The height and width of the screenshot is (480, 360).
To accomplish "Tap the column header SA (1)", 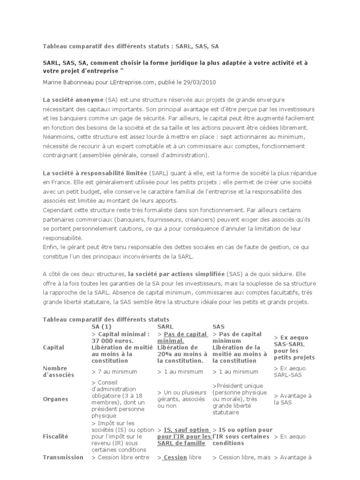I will tap(101, 326).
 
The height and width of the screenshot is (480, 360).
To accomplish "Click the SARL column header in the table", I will tap(165, 326).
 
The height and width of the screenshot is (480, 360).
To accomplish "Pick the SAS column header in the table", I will tap(219, 326).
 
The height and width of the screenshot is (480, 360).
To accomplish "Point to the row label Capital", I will tap(54, 347).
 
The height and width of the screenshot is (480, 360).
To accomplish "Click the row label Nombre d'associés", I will tap(55, 372).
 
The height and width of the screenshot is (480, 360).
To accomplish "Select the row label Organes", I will tap(55, 399).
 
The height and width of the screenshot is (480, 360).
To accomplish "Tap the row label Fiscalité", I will tap(55, 436).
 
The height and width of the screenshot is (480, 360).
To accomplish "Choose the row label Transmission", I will tap(63, 457).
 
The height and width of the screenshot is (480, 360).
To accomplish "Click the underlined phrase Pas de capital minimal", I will tap(182, 337).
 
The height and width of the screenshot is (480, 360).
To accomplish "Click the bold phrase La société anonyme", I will tap(73, 100).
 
